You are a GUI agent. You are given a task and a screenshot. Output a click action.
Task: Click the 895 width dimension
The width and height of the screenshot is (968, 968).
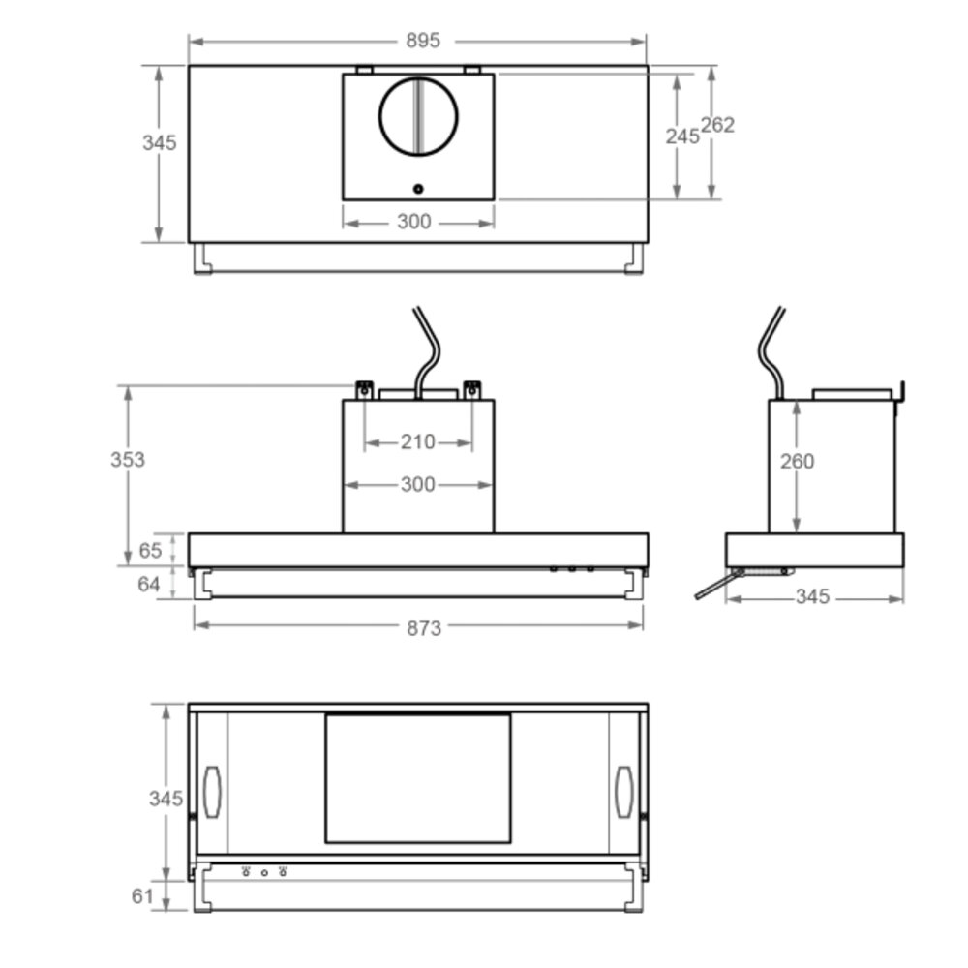[x=423, y=41]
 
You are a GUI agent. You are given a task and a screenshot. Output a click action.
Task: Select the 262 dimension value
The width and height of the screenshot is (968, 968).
[x=717, y=125]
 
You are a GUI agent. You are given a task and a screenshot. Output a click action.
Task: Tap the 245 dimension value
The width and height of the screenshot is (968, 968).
[x=682, y=136]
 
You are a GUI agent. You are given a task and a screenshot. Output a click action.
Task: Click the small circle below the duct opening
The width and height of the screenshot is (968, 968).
[x=418, y=189]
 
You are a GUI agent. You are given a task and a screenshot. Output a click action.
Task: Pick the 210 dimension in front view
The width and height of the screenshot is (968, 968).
[x=418, y=442]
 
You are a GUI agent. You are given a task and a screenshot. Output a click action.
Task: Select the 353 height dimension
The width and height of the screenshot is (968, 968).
[x=128, y=460]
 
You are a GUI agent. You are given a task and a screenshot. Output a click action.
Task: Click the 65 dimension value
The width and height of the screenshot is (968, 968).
[x=150, y=550]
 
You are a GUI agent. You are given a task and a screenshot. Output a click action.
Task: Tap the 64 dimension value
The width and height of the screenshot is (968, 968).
[x=149, y=584]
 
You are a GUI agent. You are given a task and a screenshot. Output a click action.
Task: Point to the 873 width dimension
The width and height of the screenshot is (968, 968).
[x=424, y=628]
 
